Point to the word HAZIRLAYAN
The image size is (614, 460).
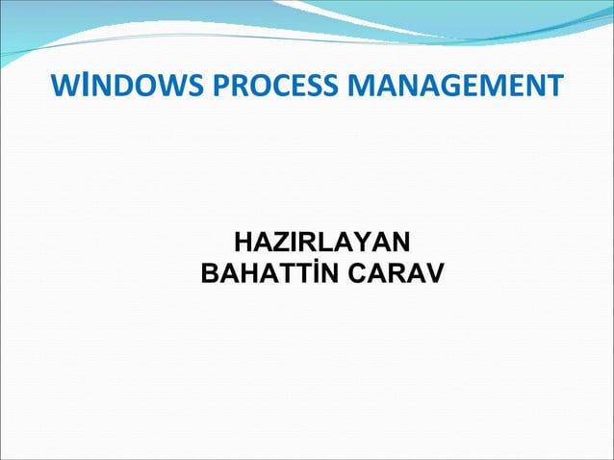pos(323,241)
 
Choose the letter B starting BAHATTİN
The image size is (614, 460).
pos(211,275)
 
